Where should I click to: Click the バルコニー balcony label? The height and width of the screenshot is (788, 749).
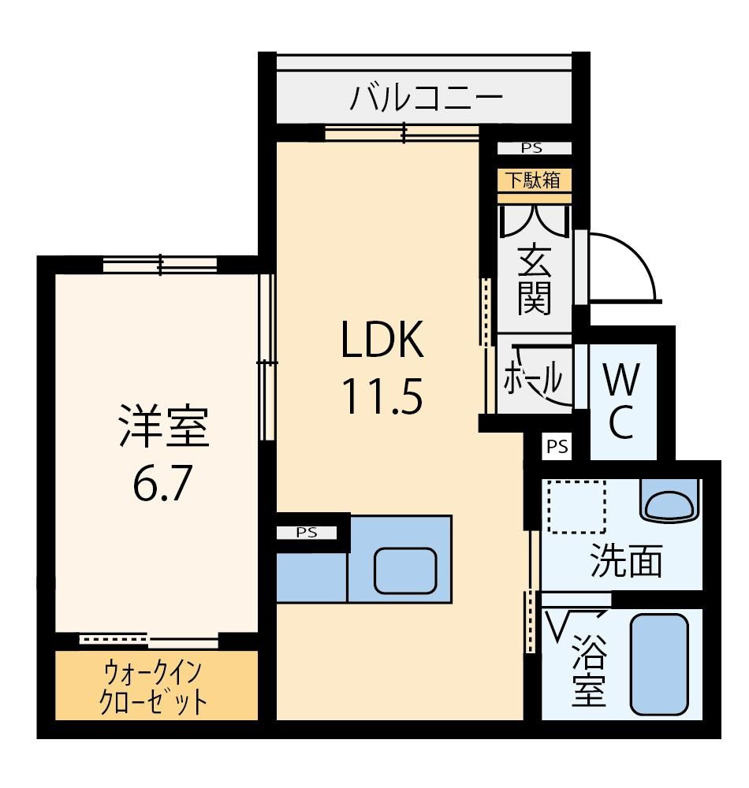(x=426, y=98)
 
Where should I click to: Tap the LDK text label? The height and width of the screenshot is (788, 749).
(x=382, y=340)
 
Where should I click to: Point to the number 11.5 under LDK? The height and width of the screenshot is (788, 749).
(x=382, y=396)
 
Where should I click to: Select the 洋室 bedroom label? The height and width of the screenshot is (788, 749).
(x=163, y=426)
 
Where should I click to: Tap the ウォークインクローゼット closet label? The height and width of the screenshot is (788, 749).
(x=153, y=687)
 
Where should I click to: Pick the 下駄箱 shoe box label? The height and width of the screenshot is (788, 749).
(x=534, y=180)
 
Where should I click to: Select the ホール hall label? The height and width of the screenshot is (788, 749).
(x=533, y=377)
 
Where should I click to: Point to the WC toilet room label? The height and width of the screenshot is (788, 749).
(x=622, y=400)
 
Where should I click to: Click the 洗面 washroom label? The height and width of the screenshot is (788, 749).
(x=625, y=560)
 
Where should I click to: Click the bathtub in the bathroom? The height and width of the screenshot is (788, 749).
(x=659, y=663)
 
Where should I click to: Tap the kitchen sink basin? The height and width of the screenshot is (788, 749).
(x=405, y=571)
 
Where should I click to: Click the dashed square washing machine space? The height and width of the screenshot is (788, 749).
(x=576, y=506)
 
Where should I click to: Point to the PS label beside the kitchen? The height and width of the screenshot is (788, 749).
(x=307, y=533)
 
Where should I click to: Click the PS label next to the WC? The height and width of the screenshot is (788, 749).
(x=557, y=447)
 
